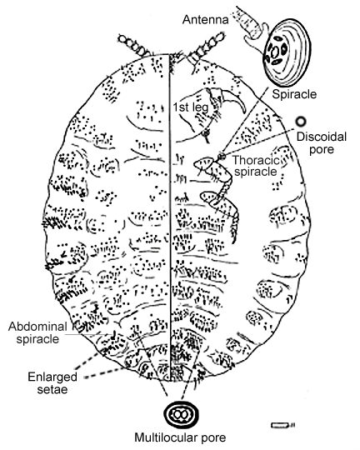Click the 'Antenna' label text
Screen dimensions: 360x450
click(x=206, y=19)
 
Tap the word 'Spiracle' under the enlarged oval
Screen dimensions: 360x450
click(x=294, y=94)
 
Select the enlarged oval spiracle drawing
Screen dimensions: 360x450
click(x=287, y=54)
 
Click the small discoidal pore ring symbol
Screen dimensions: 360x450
click(x=301, y=122)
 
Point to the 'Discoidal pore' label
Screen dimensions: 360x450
click(x=321, y=143)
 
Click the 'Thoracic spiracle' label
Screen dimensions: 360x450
click(x=256, y=166)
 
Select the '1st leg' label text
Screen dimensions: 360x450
click(x=190, y=107)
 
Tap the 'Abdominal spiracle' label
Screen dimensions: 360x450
click(x=37, y=332)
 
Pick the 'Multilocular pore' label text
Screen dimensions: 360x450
click(x=180, y=437)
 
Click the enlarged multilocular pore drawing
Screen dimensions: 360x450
click(x=181, y=414)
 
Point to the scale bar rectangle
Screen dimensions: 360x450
click(x=280, y=425)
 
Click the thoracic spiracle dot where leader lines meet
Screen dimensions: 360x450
click(x=221, y=157)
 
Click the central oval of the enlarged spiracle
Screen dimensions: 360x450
click(x=275, y=52)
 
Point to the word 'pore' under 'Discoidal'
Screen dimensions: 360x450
click(x=322, y=150)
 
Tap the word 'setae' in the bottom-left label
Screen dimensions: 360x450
click(x=52, y=389)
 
